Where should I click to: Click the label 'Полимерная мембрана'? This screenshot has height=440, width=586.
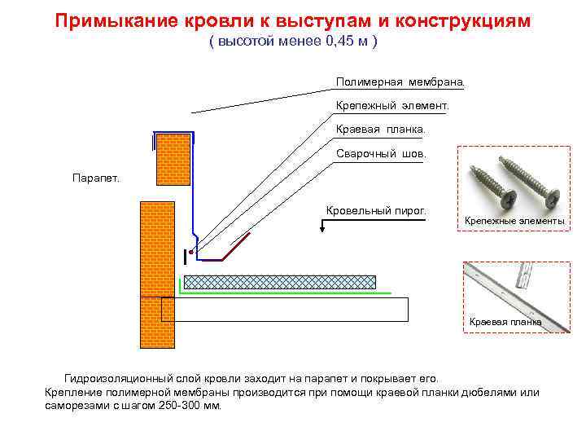pyautogui.click(x=400, y=82)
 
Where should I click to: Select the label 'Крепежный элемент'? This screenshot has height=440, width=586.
pyautogui.click(x=391, y=106)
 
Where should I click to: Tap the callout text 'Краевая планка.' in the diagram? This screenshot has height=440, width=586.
pyautogui.click(x=380, y=130)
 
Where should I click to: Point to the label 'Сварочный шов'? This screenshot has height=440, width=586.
pyautogui.click(x=380, y=154)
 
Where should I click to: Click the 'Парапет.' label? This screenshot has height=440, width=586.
pyautogui.click(x=95, y=178)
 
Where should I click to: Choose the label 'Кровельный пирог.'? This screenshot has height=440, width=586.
pyautogui.click(x=376, y=211)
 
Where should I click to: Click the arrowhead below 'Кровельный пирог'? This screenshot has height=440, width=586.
pyautogui.click(x=324, y=229)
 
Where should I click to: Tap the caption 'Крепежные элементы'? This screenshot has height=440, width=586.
pyautogui.click(x=514, y=222)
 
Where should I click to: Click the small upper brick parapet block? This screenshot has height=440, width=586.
pyautogui.click(x=173, y=163)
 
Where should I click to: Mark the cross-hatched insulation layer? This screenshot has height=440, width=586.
pyautogui.click(x=279, y=282)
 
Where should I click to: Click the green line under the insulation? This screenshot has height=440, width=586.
pyautogui.click(x=285, y=292)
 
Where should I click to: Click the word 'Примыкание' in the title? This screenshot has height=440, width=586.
pyautogui.click(x=112, y=20)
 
